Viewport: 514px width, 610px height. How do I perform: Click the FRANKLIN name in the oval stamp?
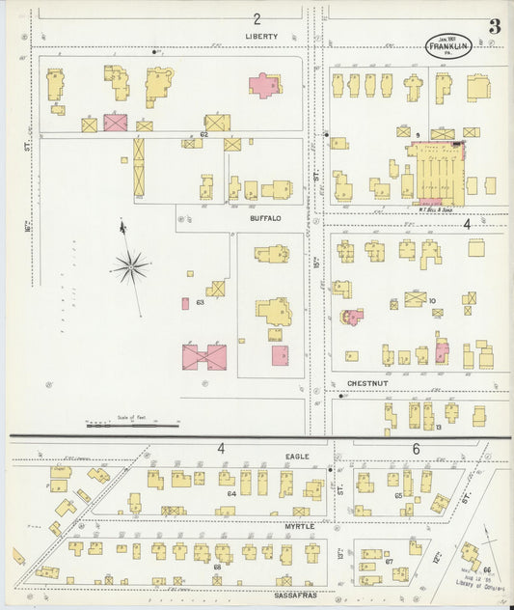448,46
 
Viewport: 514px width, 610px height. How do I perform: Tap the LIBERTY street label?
260,37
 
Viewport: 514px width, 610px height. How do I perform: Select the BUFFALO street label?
265,218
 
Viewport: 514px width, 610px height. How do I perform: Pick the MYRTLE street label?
299,526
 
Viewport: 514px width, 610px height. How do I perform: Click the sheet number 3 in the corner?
494,27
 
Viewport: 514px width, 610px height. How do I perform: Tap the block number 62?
203,134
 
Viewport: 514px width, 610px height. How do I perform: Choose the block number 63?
200,303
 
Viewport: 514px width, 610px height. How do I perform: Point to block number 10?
433,300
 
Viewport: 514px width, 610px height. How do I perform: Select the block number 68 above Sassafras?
217,566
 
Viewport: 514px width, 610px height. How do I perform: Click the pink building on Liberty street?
265,85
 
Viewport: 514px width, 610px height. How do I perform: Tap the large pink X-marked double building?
204,357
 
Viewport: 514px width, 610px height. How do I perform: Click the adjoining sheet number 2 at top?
257,18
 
